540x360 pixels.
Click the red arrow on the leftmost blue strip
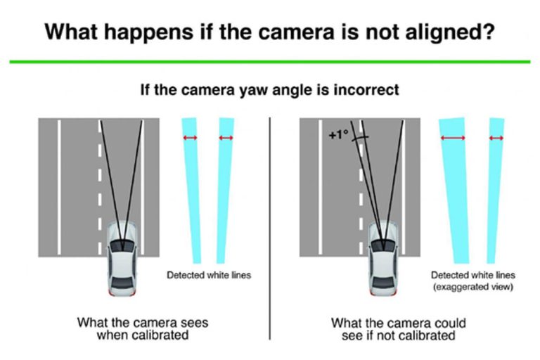(191, 138)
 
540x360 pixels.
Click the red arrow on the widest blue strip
(454, 139)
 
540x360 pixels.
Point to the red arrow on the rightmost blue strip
(496, 139)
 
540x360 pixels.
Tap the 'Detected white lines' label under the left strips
(208, 275)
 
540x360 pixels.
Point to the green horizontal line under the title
(270, 62)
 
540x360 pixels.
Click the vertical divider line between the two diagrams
(271, 225)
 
